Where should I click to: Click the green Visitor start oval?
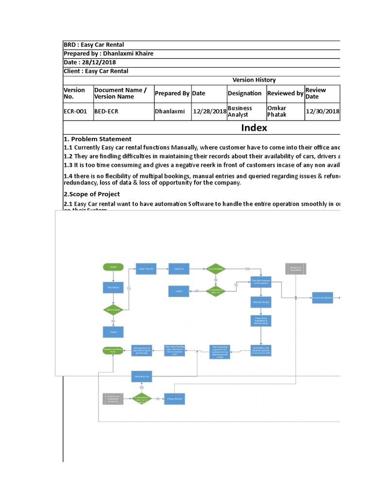click(113, 267)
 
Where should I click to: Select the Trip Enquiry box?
click(113, 287)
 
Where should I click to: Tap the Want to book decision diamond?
click(113, 309)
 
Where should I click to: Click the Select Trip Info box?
click(146, 268)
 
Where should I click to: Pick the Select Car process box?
click(179, 268)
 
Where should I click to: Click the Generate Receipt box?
click(261, 302)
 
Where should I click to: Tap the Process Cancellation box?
click(322, 297)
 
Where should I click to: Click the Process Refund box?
click(174, 399)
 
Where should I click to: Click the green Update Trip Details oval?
click(113, 350)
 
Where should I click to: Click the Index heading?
click(254, 128)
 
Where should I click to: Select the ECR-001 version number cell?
click(75, 111)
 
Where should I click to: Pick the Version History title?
click(254, 80)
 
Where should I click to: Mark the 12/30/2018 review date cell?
click(322, 111)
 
